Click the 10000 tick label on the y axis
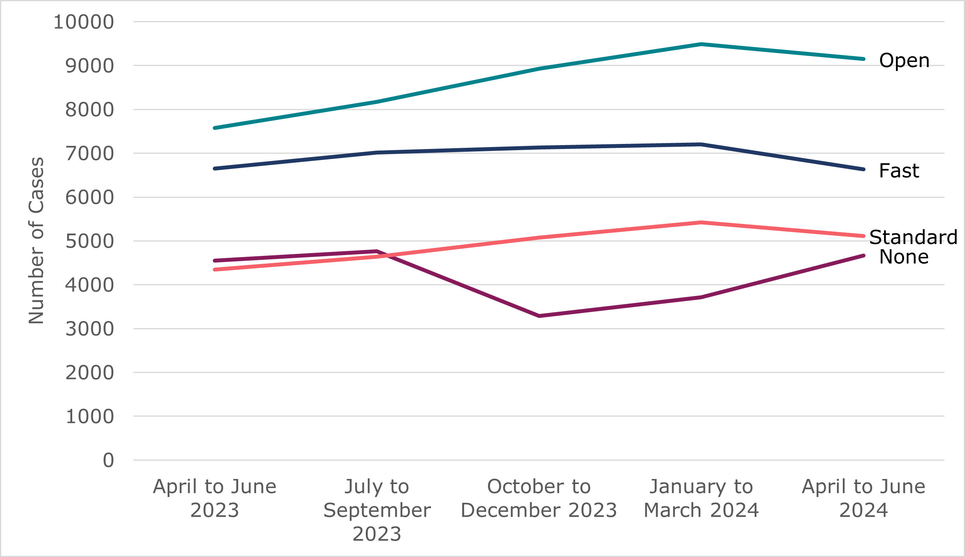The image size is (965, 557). click(x=84, y=22)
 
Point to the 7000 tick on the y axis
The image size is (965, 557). click(x=89, y=154)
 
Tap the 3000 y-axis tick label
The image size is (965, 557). click(x=89, y=329)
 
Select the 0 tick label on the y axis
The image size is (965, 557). click(x=108, y=460)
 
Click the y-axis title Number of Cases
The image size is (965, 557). click(x=36, y=241)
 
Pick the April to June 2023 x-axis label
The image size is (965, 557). click(x=215, y=498)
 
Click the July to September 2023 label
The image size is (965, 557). click(x=377, y=510)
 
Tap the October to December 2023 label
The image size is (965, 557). click(x=539, y=498)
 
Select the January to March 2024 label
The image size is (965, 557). click(x=701, y=498)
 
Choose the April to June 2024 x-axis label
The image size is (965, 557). click(x=864, y=498)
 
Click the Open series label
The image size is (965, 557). click(x=904, y=60)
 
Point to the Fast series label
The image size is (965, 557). click(x=899, y=171)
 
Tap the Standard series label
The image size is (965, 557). click(x=913, y=237)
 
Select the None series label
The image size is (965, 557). click(x=904, y=257)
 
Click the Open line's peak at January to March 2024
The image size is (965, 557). click(x=701, y=44)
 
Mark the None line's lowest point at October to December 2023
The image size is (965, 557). click(x=539, y=316)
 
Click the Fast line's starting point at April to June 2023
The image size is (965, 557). click(x=215, y=169)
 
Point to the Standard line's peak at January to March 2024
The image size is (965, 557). click(x=701, y=222)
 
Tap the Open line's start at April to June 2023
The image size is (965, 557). click(x=215, y=128)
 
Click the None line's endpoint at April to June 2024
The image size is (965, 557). click(x=864, y=255)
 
